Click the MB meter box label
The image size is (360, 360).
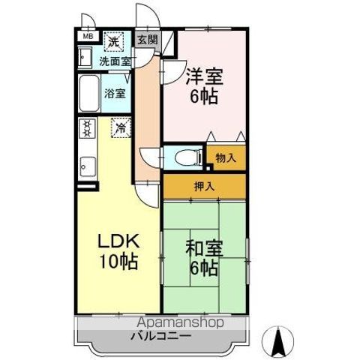click(x=88, y=36)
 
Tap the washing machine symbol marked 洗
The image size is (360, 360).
click(x=114, y=41)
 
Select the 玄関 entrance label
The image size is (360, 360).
click(x=148, y=40)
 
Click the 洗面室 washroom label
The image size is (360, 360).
click(x=115, y=61)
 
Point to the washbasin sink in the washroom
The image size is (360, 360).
click(x=85, y=58)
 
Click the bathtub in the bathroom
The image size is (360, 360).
click(x=88, y=93)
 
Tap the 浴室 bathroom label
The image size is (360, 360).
click(x=115, y=94)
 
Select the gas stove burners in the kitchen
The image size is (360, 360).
click(x=87, y=128)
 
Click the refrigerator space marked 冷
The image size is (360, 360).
click(x=121, y=127)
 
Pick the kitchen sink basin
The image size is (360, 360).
click(x=87, y=166)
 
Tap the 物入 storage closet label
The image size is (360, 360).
click(x=226, y=158)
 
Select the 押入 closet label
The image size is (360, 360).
click(x=205, y=186)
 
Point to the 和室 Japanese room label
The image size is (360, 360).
click(x=204, y=248)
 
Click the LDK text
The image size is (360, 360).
click(x=118, y=241)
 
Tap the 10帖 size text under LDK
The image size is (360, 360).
click(x=119, y=261)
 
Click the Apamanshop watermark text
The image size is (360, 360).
click(x=180, y=322)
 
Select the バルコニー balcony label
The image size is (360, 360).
click(x=161, y=337)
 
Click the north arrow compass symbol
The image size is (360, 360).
click(x=279, y=342)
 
